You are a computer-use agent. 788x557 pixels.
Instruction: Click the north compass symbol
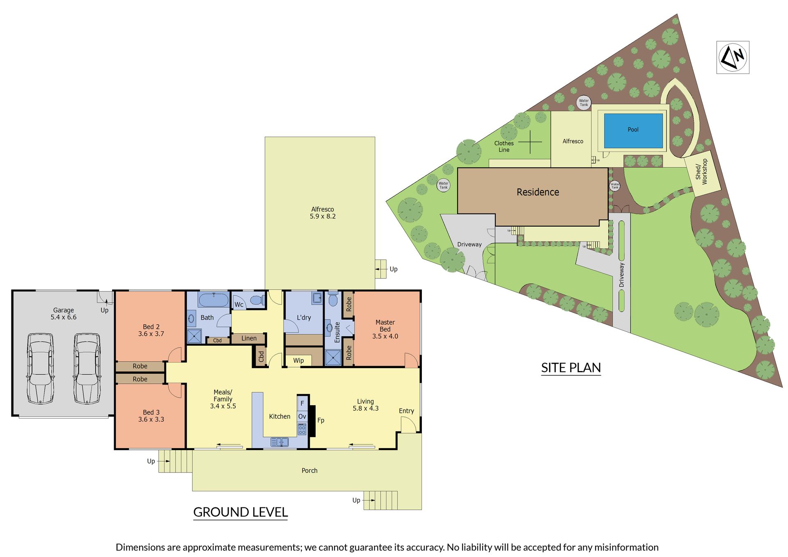[x=733, y=57]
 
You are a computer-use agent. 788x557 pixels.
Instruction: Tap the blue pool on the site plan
[x=633, y=130]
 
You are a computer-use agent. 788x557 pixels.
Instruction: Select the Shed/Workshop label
[x=701, y=172]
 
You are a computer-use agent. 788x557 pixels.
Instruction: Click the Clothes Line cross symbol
[x=530, y=142]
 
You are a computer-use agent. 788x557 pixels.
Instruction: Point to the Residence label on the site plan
[x=538, y=192]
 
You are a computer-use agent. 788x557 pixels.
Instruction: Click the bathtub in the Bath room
[x=213, y=300]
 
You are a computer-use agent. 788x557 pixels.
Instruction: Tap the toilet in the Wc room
[x=257, y=300]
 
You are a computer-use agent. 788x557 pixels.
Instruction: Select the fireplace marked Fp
[x=312, y=421]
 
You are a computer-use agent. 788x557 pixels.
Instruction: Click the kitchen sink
[x=279, y=442]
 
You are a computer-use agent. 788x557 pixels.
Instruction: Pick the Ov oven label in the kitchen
[x=302, y=417]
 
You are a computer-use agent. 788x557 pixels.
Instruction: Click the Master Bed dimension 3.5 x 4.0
[x=385, y=336]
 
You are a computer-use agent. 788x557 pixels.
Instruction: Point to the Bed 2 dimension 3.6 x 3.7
[x=151, y=334]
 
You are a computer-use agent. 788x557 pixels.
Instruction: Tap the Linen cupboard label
[x=249, y=338]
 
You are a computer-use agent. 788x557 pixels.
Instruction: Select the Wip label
[x=298, y=360]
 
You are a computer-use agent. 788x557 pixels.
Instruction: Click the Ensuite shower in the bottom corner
[x=333, y=358]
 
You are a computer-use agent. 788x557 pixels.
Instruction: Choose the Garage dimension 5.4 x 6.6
[x=64, y=317]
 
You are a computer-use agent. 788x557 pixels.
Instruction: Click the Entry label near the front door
[x=406, y=411]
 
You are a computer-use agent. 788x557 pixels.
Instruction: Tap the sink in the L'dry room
[x=317, y=298]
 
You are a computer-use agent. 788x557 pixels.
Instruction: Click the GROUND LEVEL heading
[x=241, y=512]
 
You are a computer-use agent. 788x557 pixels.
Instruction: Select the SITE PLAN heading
[x=571, y=368]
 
